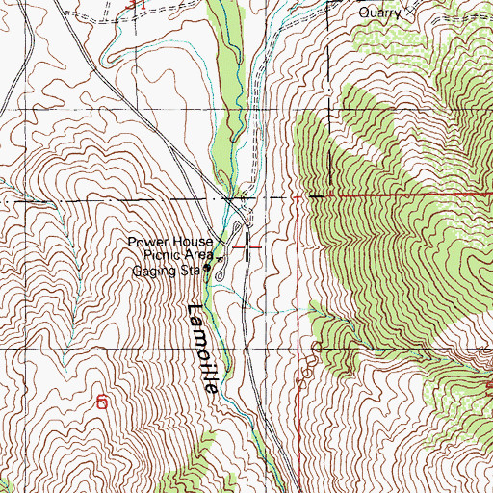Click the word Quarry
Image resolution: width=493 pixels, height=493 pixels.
coord(378,13)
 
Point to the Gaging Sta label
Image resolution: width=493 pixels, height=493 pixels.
coord(166,271)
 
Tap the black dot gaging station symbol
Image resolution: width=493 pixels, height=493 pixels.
coord(206,272)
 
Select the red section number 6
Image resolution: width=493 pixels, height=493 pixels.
coord(102,402)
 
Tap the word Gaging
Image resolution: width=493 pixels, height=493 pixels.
coord(154,271)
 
